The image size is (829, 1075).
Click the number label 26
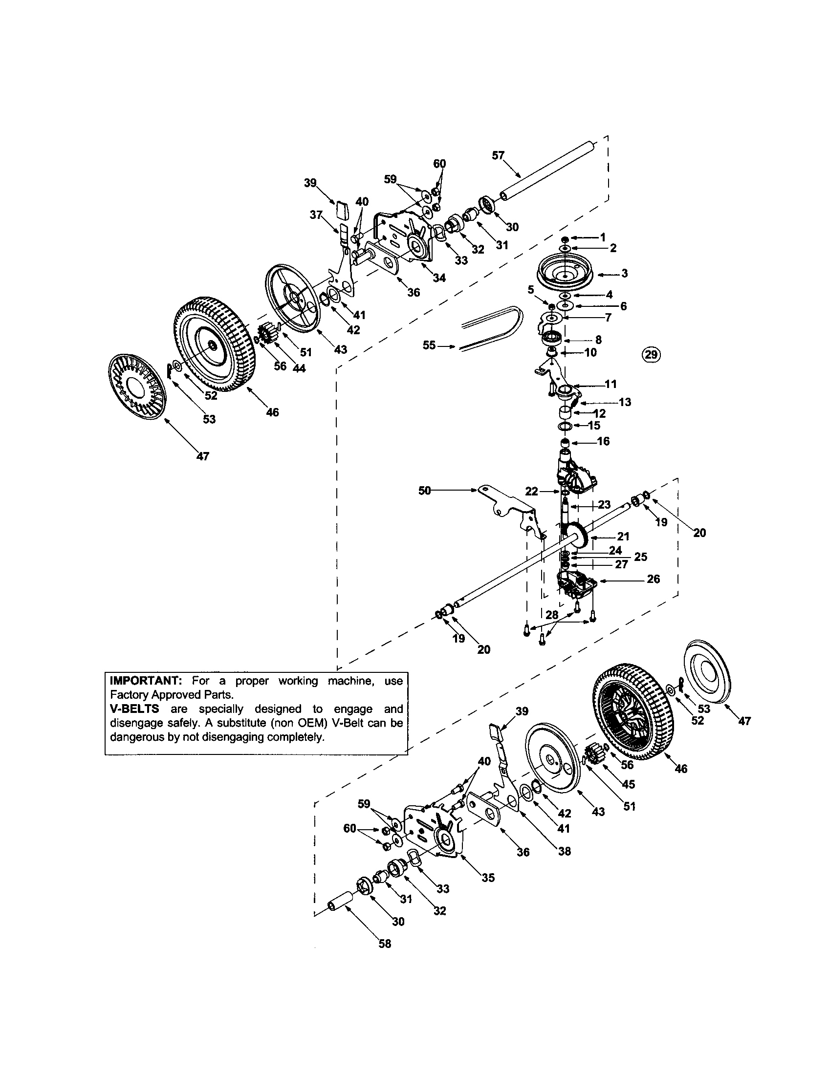point(653,579)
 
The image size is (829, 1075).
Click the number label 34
point(439,278)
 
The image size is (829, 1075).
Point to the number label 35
point(488,878)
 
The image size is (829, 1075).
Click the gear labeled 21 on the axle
point(581,535)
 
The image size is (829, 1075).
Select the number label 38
point(564,851)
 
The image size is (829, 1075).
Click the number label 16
point(604,442)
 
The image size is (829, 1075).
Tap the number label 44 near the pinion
point(298,367)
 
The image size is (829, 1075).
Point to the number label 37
point(317,215)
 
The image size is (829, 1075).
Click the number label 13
point(625,402)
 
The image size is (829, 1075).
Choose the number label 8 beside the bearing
point(598,340)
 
